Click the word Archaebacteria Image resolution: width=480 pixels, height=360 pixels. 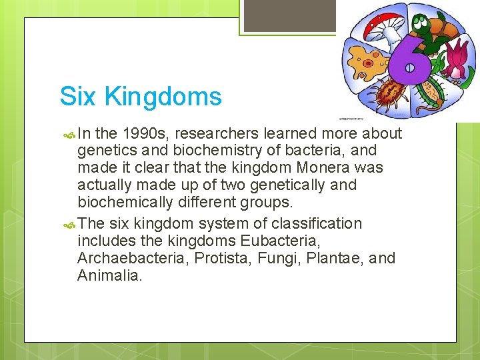133,258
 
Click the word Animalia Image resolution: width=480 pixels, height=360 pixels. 110,275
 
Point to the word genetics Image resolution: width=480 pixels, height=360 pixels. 106,151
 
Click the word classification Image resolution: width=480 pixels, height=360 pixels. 315,223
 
